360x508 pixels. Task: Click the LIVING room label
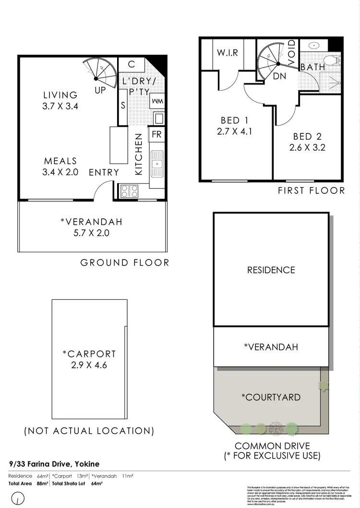(60, 95)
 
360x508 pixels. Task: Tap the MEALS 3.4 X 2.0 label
(60, 161)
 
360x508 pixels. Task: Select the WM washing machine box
(157, 101)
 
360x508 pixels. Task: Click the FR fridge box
(156, 135)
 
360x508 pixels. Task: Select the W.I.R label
(228, 53)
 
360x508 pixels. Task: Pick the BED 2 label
(307, 137)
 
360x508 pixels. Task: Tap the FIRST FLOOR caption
(312, 190)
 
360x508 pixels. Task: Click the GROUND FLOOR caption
(125, 262)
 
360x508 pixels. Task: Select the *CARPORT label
(89, 354)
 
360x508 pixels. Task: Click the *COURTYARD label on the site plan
(271, 397)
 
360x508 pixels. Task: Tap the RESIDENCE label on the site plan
(271, 270)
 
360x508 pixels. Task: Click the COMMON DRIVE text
(272, 446)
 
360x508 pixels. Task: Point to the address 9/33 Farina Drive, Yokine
(54, 464)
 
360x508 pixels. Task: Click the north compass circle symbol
(18, 501)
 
